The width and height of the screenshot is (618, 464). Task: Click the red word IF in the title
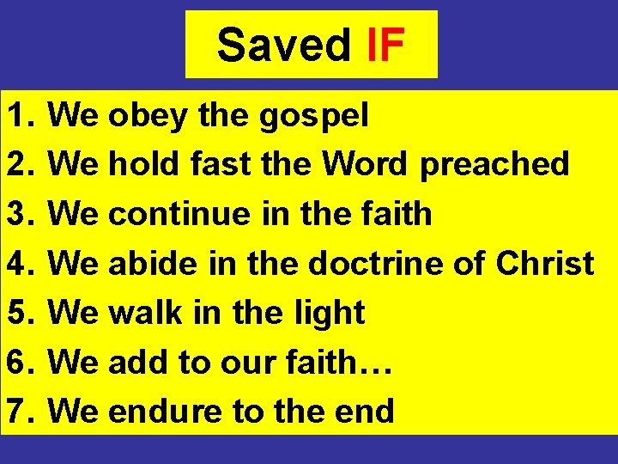[x=385, y=46]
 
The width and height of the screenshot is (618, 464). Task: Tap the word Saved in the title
[x=284, y=46]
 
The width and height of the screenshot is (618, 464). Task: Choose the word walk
[x=142, y=313]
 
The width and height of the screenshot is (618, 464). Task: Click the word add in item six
[x=136, y=363]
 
